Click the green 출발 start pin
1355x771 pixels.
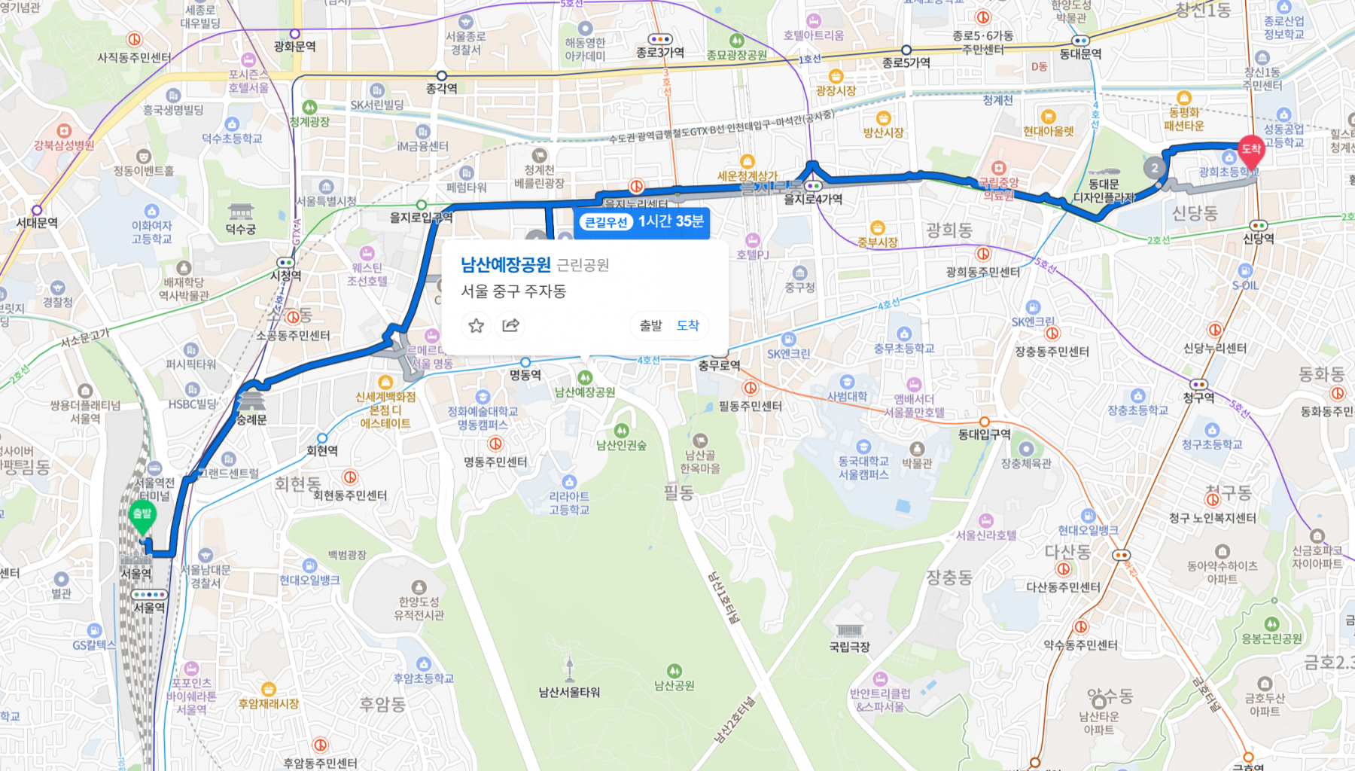point(142,516)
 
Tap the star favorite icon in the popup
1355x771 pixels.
point(476,325)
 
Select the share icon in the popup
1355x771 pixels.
point(510,325)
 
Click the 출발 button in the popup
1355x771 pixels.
point(650,325)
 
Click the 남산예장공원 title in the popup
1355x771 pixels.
point(506,264)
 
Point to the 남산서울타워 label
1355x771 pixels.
point(569,692)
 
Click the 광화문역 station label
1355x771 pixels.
point(294,46)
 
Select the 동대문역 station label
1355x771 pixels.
point(1080,53)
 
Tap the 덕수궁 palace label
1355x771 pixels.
point(240,229)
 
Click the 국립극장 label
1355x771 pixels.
point(849,646)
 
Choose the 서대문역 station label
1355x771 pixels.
point(37,222)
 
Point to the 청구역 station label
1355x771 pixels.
point(1198,397)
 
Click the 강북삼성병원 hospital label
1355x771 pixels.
point(64,145)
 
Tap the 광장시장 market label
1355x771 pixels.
point(836,90)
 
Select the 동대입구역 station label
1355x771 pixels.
point(984,434)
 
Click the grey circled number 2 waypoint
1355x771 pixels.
point(1155,168)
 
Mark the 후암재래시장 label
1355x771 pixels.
point(269,703)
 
